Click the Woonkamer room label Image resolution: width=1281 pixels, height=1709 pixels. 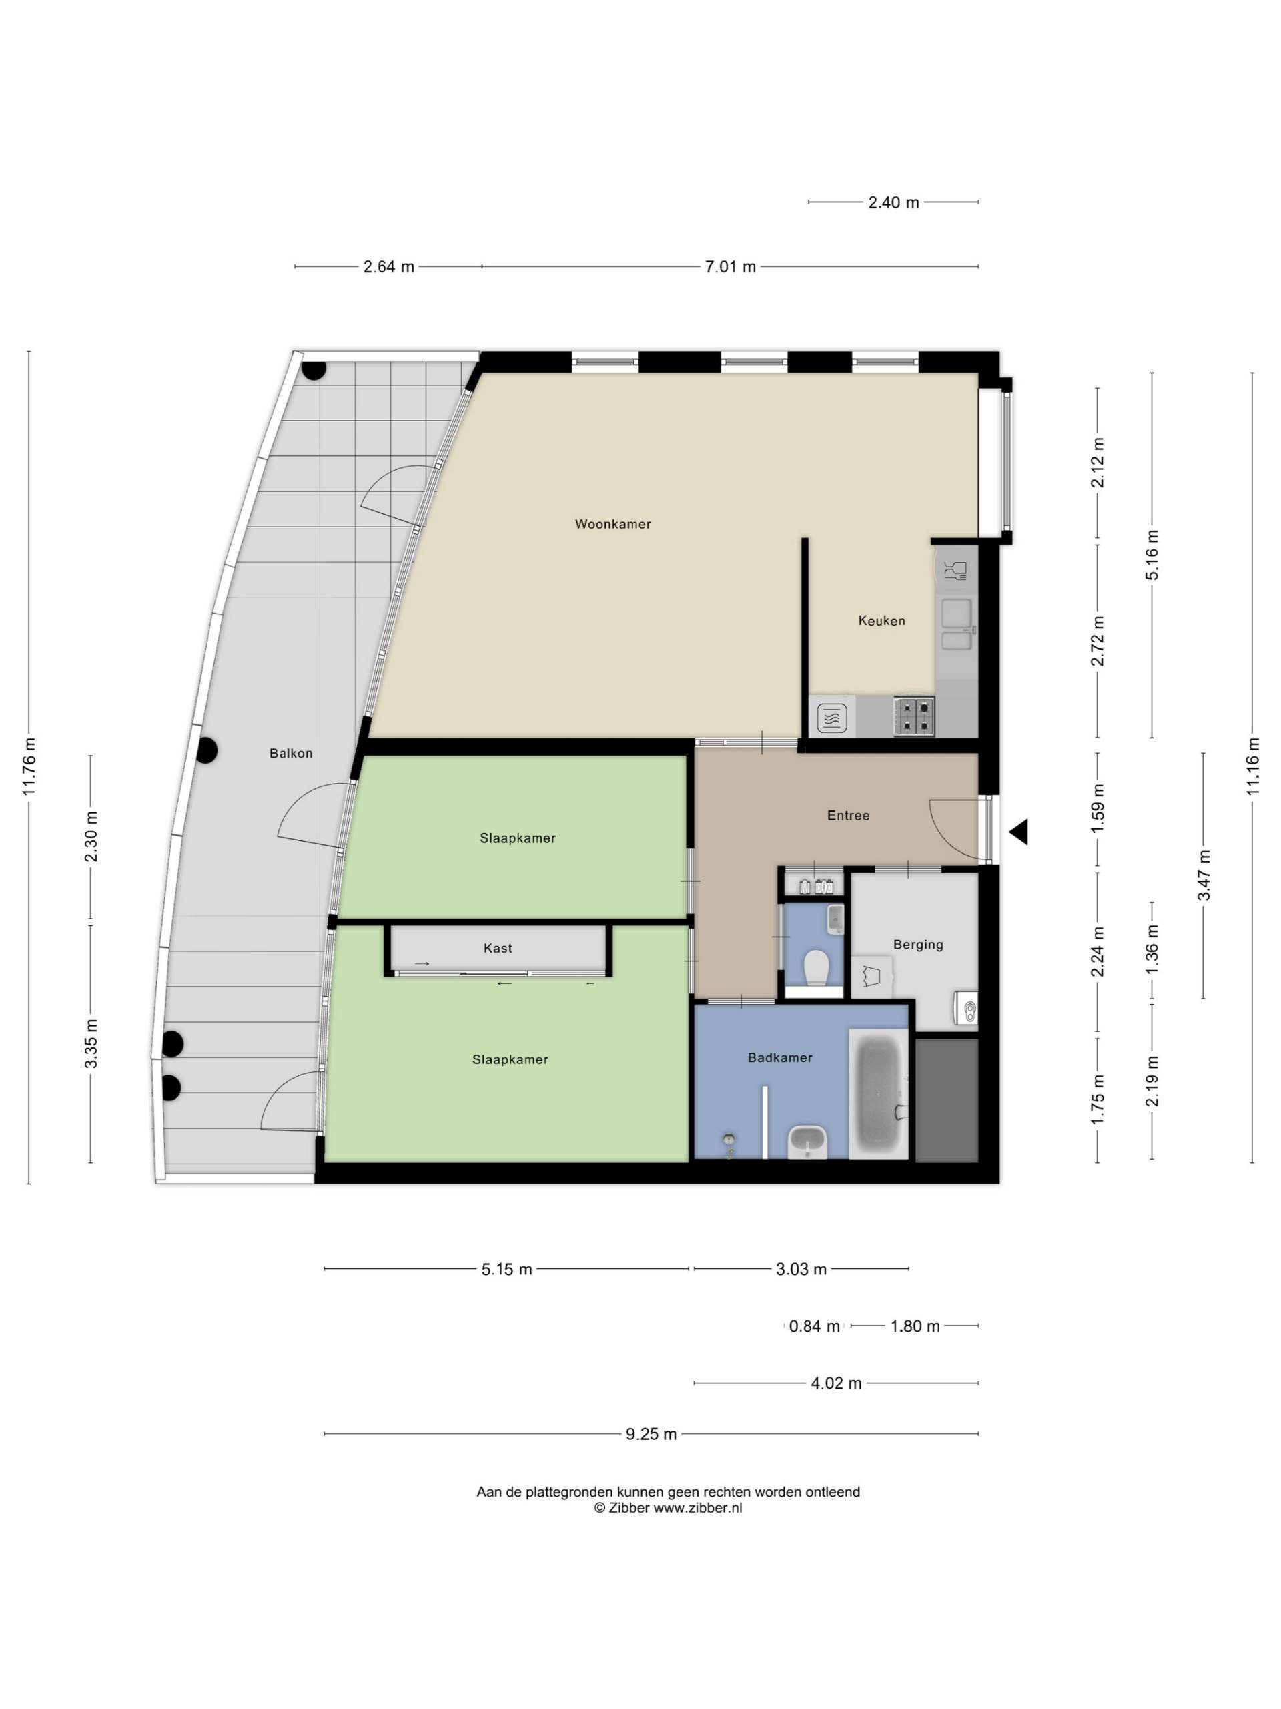click(613, 524)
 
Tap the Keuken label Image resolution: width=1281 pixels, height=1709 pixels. click(882, 620)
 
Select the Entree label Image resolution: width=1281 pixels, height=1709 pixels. click(849, 815)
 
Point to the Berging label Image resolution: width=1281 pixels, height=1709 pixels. click(918, 944)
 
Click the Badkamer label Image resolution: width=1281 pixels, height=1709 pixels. click(780, 1057)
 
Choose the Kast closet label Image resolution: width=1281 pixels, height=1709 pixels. click(498, 948)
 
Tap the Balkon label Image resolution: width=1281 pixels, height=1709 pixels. click(291, 753)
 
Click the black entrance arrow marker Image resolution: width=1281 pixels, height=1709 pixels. click(1019, 832)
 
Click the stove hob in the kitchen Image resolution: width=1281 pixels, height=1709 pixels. click(915, 716)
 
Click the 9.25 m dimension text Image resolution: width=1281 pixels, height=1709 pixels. click(651, 1434)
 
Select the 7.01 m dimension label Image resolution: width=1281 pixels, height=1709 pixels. click(731, 267)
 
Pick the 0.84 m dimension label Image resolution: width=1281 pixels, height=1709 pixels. click(815, 1326)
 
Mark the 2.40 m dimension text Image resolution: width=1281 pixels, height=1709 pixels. click(894, 202)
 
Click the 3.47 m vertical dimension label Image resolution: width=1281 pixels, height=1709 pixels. click(1204, 875)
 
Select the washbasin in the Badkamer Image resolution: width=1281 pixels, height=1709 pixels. click(808, 1142)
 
